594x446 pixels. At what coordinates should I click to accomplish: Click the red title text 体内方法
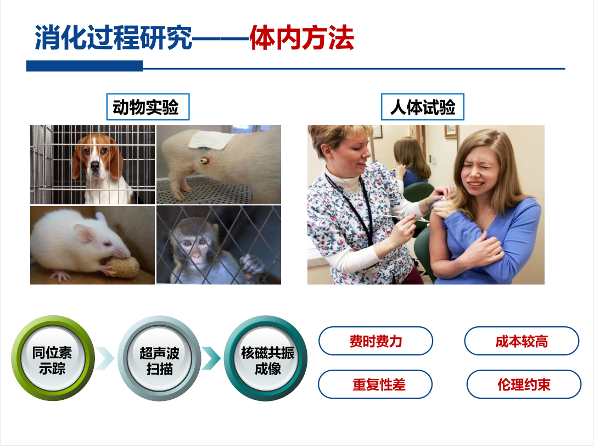[x=301, y=38]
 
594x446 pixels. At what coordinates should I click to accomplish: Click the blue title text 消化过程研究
[x=113, y=38]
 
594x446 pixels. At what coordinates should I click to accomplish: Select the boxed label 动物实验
[x=148, y=107]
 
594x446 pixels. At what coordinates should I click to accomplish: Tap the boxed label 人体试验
[x=422, y=107]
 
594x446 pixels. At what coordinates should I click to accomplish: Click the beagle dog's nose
[x=95, y=166]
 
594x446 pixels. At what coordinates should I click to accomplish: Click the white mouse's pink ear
[x=83, y=232]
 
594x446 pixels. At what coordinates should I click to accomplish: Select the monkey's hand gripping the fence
[x=251, y=265]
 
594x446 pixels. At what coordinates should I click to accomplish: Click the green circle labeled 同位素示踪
[x=53, y=358]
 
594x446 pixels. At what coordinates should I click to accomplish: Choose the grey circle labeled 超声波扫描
[x=159, y=358]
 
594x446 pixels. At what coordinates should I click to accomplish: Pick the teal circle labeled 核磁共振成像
[x=266, y=358]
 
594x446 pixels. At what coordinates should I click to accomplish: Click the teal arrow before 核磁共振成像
[x=211, y=358]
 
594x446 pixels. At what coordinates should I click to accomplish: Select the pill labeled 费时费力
[x=376, y=341]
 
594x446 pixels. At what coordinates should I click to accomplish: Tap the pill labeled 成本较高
[x=522, y=341]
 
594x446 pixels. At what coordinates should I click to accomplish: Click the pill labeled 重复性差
[x=376, y=384]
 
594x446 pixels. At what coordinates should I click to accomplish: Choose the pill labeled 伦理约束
[x=524, y=384]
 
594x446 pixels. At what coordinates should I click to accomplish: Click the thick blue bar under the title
[x=85, y=66]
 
